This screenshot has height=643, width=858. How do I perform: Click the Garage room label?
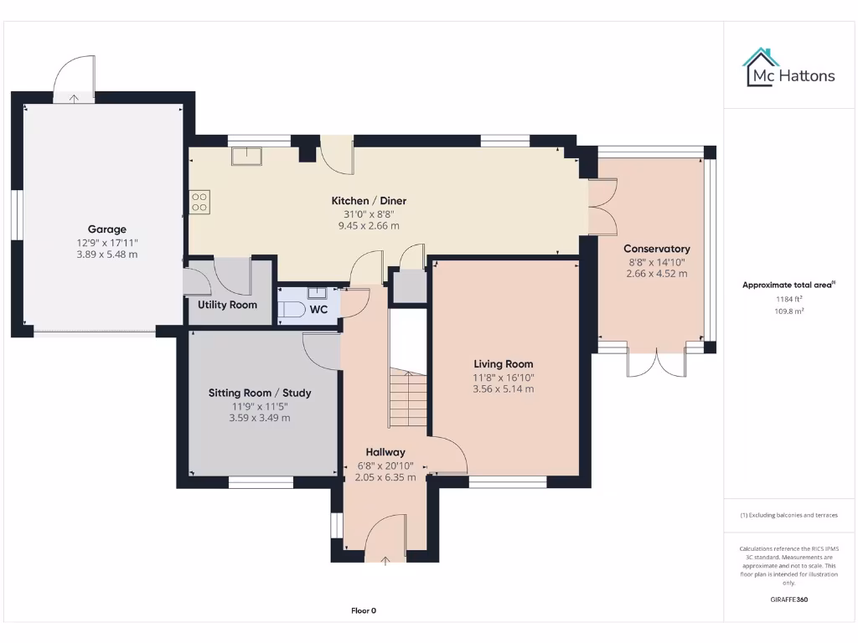pos(107,229)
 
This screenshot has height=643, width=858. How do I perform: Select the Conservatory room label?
pos(657,249)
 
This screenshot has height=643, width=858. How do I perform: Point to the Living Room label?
pos(503,363)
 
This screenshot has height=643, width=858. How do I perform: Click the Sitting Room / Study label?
pos(260,393)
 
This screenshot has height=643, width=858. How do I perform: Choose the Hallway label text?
pos(385,452)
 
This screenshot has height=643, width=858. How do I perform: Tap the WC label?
pos(318,309)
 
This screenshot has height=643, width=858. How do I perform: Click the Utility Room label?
pos(227,305)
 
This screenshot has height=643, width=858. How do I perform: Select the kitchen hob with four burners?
pos(200,202)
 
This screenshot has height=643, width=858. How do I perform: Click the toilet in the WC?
pos(292,309)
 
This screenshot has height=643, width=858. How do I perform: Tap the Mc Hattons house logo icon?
pos(761,67)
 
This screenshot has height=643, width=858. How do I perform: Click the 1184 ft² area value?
pos(788,298)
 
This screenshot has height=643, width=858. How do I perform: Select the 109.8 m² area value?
pos(788,311)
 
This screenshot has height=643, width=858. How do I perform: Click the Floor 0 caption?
pos(364,610)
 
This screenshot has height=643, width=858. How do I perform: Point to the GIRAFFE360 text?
pos(788,599)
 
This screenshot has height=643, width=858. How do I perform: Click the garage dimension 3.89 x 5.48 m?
pos(107,255)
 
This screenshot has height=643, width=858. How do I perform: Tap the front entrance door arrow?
pos(385,561)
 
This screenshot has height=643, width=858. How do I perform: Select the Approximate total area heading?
pos(788,285)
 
